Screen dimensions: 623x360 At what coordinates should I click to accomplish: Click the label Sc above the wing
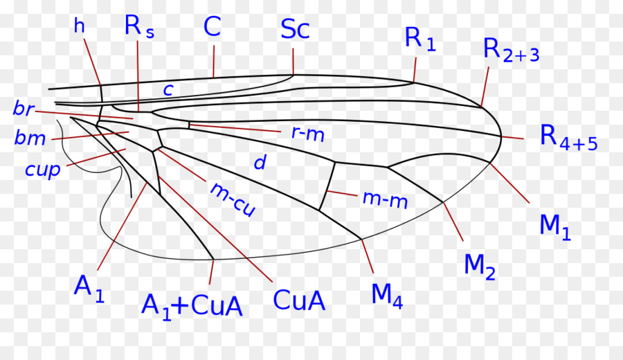[x=295, y=29]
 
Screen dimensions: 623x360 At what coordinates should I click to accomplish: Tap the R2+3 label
[x=512, y=50]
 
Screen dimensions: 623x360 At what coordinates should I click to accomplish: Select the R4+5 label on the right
[x=568, y=138]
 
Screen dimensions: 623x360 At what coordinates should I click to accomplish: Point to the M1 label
[x=555, y=227]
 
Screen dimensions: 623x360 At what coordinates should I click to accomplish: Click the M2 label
[x=480, y=267]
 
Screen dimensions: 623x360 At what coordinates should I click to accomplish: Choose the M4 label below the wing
[x=387, y=296]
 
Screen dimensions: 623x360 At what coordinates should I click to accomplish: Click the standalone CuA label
[x=299, y=300]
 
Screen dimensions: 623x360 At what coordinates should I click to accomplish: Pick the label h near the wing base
[x=80, y=26]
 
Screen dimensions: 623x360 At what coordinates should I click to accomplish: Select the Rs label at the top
[x=139, y=27]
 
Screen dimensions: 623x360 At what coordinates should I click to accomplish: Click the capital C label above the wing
[x=213, y=27]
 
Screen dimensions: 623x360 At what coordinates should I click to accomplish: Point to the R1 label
[x=420, y=39]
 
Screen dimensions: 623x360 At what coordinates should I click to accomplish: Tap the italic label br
[x=24, y=109]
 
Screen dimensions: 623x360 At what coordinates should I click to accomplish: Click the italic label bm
[x=30, y=138]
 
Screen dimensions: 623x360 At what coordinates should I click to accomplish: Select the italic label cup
[x=42, y=170]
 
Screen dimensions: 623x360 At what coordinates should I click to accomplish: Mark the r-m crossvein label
[x=308, y=134]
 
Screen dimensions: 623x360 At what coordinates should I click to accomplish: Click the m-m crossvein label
[x=385, y=199]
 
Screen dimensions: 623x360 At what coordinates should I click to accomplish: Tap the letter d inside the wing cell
[x=260, y=163]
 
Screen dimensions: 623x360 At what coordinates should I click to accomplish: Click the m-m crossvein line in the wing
[x=327, y=186]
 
